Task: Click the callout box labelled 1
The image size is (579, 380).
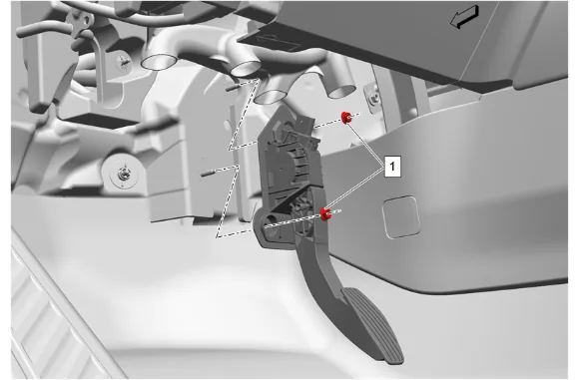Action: coord(392,167)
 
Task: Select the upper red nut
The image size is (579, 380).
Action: coord(346,118)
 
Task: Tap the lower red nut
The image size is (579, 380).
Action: coord(325,214)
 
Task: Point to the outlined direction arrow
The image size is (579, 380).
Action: coord(464,17)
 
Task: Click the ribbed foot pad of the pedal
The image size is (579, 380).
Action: coord(373,325)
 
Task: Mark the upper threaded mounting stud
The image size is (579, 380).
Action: coord(233,88)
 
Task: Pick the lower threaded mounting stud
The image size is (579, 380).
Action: coord(210,172)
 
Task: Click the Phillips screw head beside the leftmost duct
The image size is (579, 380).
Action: coord(124,62)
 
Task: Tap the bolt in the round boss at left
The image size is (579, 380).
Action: coord(122,174)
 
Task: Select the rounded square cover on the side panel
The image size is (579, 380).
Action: coord(401,217)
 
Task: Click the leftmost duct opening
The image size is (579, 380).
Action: coord(159,61)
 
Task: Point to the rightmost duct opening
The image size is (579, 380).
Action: coord(341,91)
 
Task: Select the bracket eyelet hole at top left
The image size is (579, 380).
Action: coord(86,19)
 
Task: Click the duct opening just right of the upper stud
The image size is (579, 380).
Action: coord(246,69)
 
